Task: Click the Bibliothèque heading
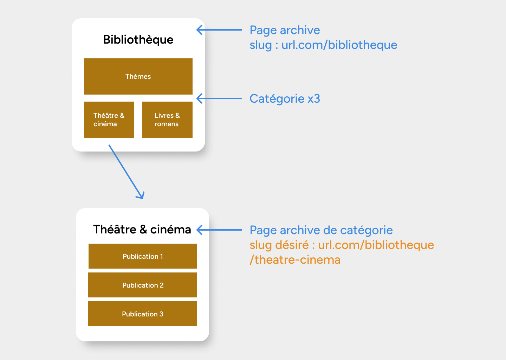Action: (138, 40)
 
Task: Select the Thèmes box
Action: (138, 76)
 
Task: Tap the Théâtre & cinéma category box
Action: (109, 120)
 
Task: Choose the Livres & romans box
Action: (167, 120)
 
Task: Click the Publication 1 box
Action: (143, 256)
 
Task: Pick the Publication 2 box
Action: (142, 285)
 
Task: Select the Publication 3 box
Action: (142, 314)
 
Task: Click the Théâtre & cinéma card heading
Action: (142, 230)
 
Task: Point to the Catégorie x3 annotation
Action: (285, 99)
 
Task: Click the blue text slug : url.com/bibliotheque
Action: (323, 45)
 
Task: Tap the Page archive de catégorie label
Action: (321, 230)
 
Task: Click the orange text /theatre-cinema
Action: (295, 260)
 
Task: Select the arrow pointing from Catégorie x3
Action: (219, 98)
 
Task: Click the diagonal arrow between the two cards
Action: (126, 172)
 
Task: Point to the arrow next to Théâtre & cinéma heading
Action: (219, 230)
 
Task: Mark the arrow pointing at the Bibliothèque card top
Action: (219, 30)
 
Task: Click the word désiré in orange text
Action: (292, 245)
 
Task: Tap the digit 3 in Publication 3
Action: (161, 314)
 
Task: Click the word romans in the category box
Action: (167, 124)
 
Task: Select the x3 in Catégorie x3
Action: (314, 99)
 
